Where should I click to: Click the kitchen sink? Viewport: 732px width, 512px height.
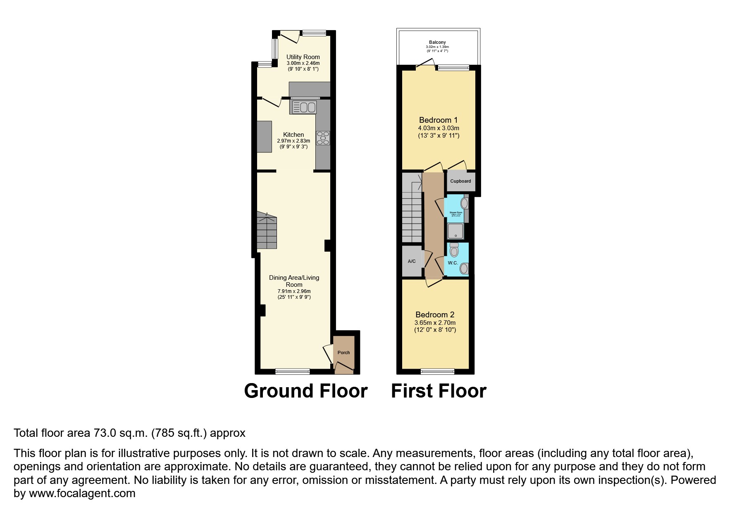click(304, 107)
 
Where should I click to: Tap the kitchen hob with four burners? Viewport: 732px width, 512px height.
click(323, 138)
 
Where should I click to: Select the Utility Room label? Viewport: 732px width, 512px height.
click(303, 57)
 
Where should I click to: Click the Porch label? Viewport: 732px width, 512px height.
click(343, 352)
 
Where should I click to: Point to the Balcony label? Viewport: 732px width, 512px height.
click(437, 43)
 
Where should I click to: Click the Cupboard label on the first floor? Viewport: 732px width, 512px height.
click(460, 181)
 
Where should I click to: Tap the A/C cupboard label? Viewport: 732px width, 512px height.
click(412, 261)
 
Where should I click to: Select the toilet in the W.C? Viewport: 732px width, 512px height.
click(454, 250)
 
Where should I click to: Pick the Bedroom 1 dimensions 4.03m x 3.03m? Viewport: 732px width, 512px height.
click(439, 128)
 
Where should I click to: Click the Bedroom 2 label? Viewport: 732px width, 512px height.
click(435, 314)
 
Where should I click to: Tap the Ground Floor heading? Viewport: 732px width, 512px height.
click(305, 391)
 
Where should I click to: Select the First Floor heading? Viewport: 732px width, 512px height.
click(439, 391)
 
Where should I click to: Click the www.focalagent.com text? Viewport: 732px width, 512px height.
click(82, 493)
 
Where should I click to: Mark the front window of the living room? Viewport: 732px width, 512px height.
click(292, 371)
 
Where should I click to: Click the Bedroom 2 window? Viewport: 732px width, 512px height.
click(437, 371)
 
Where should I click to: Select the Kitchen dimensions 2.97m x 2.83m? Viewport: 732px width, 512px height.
click(293, 141)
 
